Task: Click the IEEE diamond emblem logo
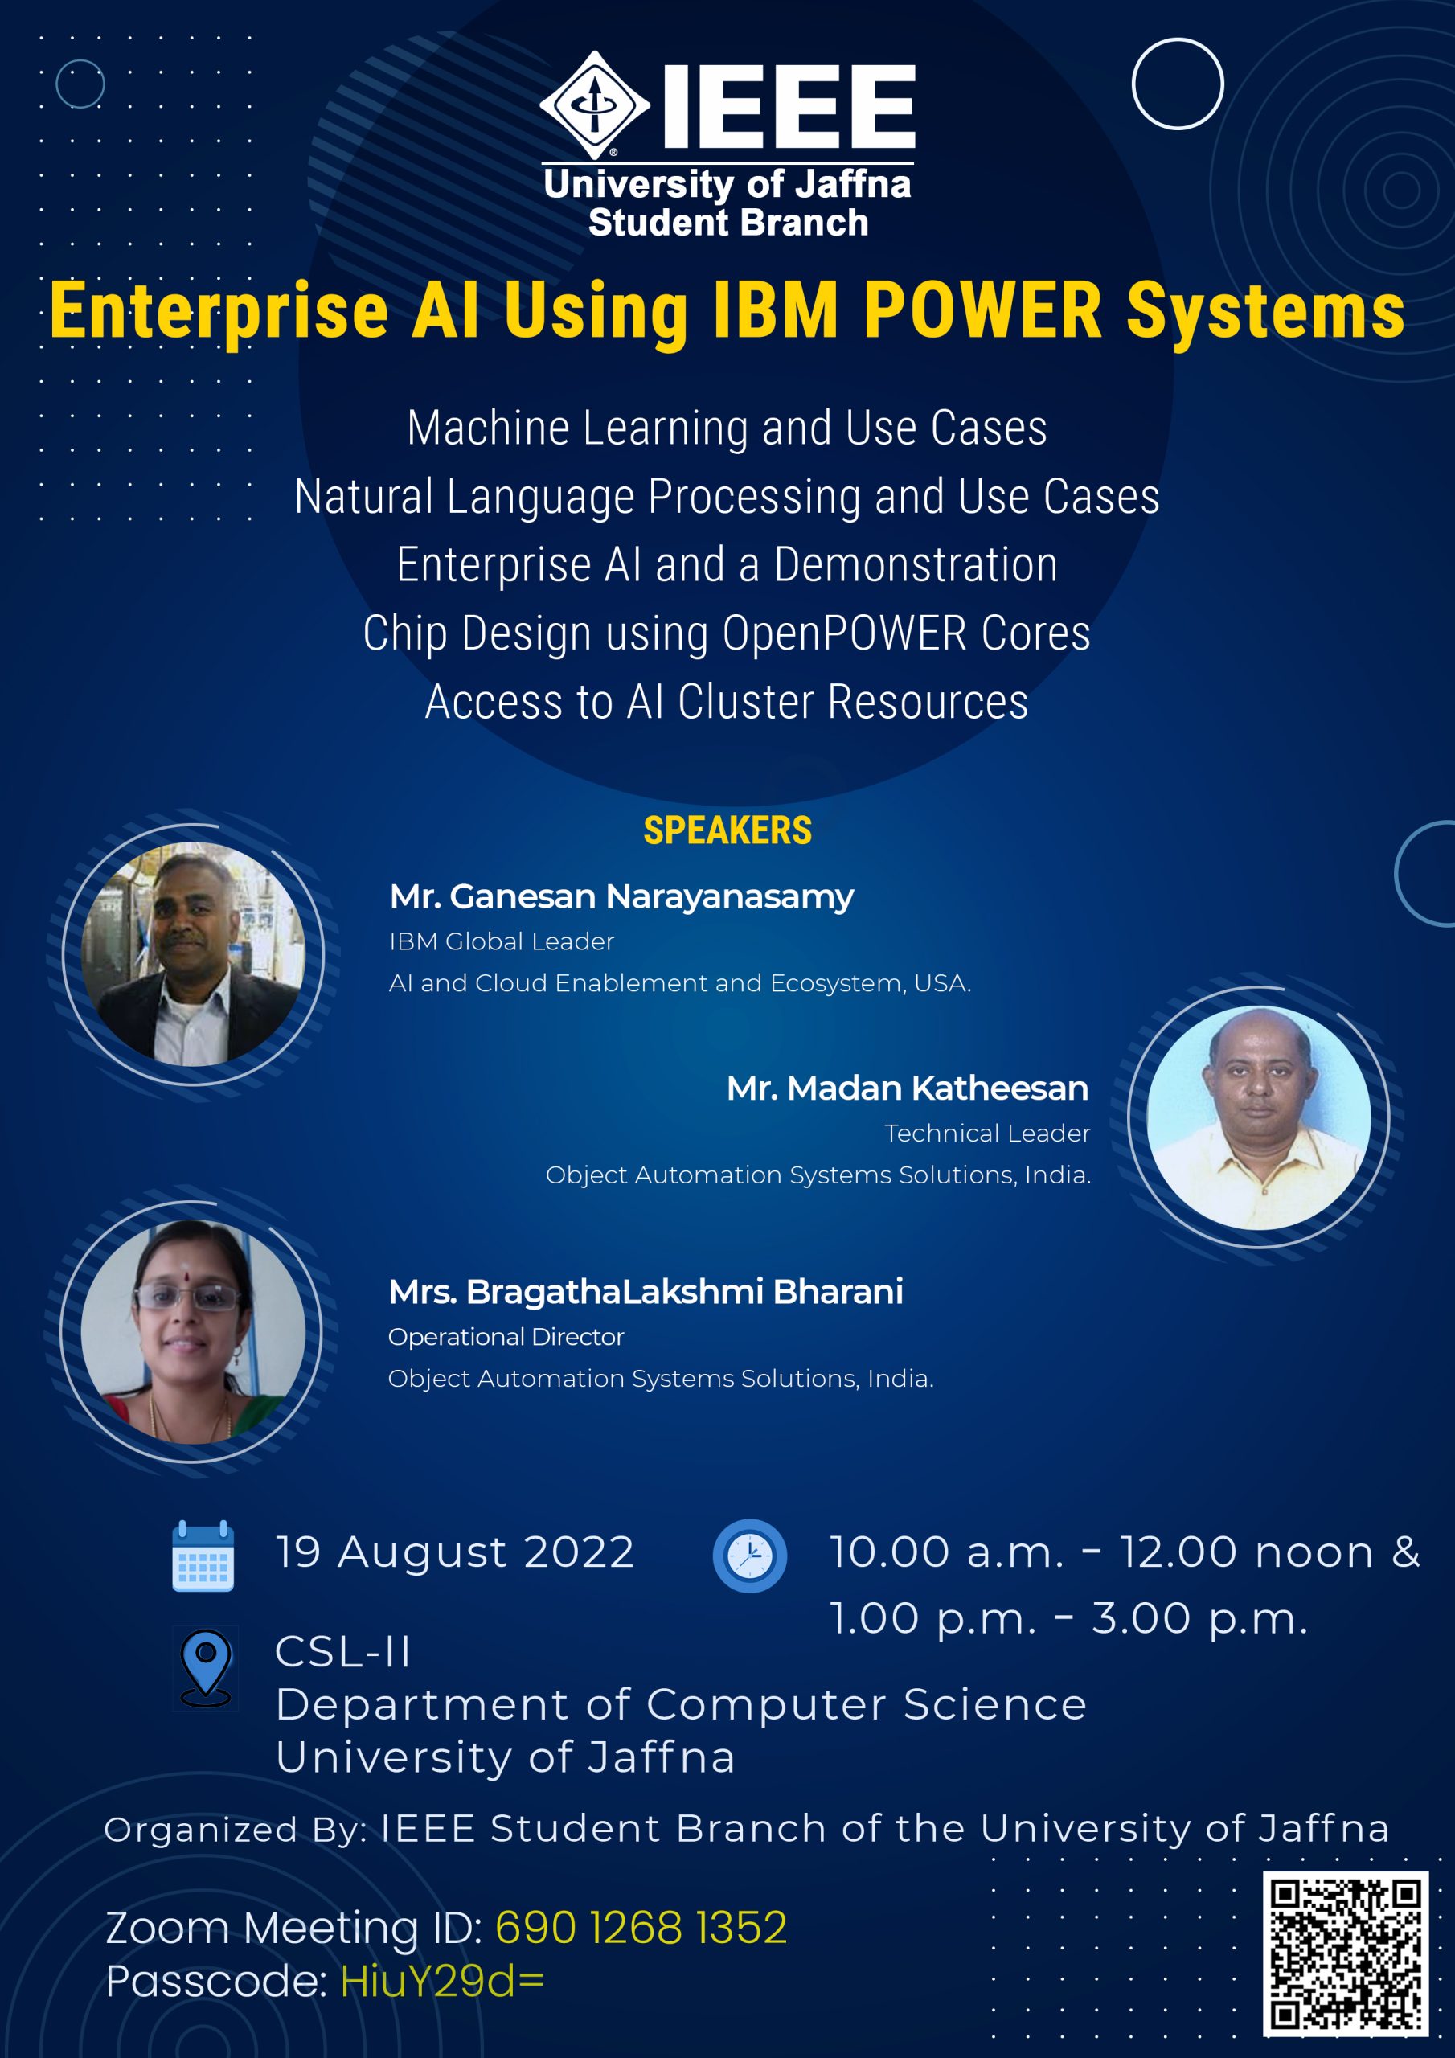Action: point(594,105)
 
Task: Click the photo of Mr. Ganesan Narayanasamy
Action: point(193,953)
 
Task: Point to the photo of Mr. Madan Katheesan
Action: point(1259,1117)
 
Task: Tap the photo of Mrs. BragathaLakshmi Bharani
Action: point(193,1331)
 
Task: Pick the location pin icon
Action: point(205,1668)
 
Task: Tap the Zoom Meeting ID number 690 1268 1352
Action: point(641,1928)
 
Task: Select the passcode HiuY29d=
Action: point(442,1981)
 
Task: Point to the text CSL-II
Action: point(343,1652)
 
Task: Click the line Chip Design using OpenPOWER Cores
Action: point(727,633)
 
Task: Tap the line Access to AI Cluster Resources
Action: point(727,702)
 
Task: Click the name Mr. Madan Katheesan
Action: point(908,1088)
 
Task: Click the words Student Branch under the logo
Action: point(728,223)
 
